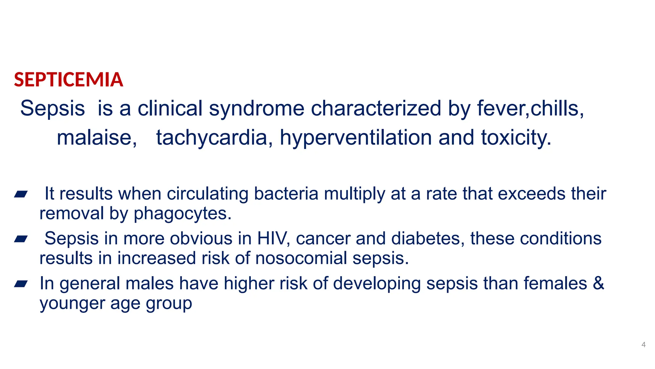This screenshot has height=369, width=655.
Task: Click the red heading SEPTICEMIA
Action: (x=68, y=80)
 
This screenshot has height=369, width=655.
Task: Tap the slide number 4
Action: (x=643, y=345)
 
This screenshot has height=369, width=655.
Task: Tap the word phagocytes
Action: (x=182, y=214)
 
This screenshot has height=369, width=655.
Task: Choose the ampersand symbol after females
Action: (x=598, y=283)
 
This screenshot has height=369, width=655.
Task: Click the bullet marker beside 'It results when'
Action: (x=21, y=194)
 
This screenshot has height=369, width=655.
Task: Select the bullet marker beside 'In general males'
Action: (x=21, y=284)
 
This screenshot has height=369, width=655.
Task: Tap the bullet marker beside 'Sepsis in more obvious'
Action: (x=21, y=239)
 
